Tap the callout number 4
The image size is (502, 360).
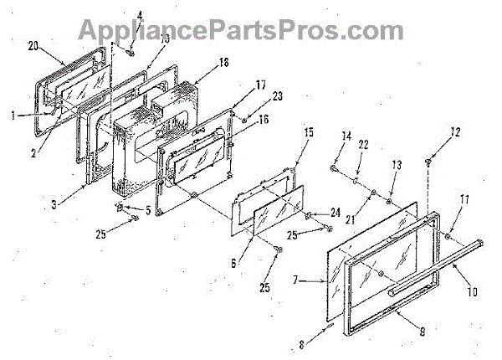[x=140, y=14]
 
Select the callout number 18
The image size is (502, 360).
[x=200, y=64]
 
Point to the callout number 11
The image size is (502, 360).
[x=465, y=199]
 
